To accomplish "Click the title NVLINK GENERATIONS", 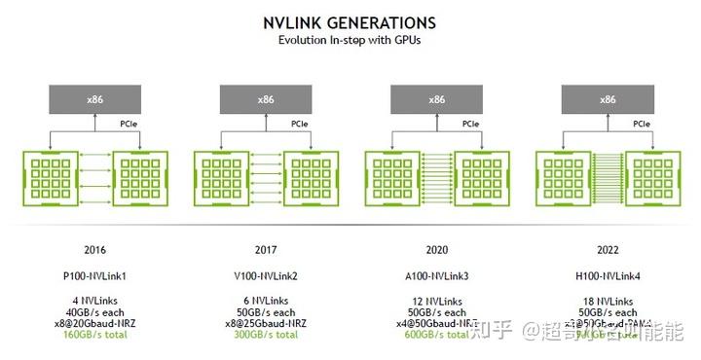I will click(x=350, y=22).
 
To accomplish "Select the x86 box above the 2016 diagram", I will click(x=94, y=98).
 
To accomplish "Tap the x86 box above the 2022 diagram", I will click(x=608, y=98).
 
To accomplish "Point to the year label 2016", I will click(x=94, y=247).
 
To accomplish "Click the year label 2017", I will click(x=266, y=247).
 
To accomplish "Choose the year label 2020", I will click(x=437, y=247).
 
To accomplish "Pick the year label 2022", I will click(x=608, y=247).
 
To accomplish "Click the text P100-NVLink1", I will click(x=94, y=275).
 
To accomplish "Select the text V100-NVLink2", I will click(x=266, y=275).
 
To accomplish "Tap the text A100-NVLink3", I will click(x=437, y=275).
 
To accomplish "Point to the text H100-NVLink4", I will click(x=608, y=275).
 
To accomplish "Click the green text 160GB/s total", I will click(x=94, y=334).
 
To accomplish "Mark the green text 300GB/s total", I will click(x=266, y=334).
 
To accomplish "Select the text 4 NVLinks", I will click(x=94, y=302).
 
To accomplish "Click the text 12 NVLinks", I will click(x=437, y=302).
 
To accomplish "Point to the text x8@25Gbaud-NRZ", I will click(x=266, y=323).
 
